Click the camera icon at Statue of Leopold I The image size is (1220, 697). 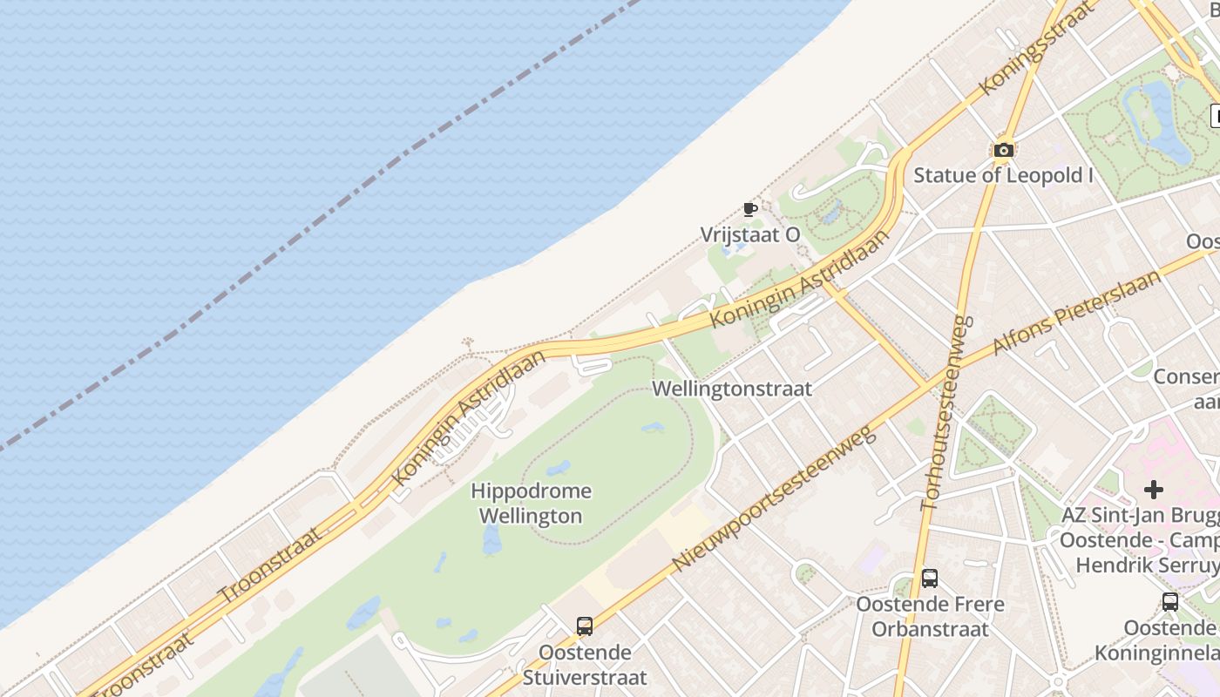1004,150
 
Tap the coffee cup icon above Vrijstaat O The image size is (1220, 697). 749,209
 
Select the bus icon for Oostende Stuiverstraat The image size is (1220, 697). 584,626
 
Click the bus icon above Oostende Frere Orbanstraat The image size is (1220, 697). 929,579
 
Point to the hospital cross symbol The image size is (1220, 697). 1154,490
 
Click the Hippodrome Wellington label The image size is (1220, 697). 531,504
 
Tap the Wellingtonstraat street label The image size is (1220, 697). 732,389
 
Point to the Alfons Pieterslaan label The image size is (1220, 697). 1077,312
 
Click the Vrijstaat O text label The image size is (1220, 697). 749,235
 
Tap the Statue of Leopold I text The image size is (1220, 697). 1003,175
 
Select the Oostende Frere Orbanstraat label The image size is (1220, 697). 930,616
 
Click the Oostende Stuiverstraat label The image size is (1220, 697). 584,665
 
